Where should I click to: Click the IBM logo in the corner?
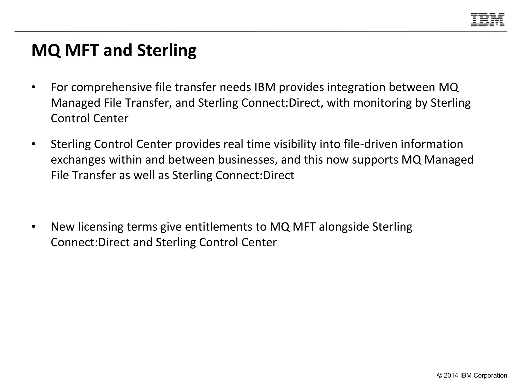coord(487,20)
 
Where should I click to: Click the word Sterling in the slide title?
coord(167,50)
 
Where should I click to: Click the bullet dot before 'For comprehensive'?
coord(33,88)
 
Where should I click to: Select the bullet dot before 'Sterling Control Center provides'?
coord(33,144)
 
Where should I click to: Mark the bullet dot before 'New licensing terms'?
coord(33,227)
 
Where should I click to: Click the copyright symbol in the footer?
coord(440,376)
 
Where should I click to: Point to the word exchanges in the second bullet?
coord(78,160)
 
